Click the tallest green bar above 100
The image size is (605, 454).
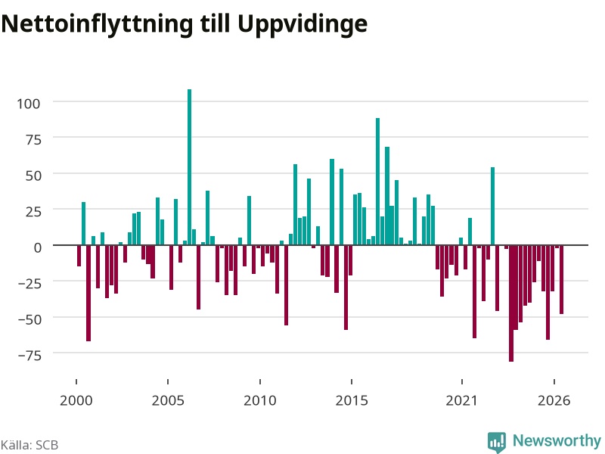(x=190, y=167)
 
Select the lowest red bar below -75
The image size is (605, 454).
(x=511, y=303)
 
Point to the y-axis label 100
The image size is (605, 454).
(x=29, y=104)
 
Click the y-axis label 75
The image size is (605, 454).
(x=33, y=139)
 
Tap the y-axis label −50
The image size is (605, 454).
(x=29, y=319)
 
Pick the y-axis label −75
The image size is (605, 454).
(x=29, y=355)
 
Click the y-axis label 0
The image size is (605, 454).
(x=37, y=247)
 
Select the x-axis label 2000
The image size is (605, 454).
(x=76, y=400)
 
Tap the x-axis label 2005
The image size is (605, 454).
(x=168, y=400)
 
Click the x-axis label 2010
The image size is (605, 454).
(x=260, y=400)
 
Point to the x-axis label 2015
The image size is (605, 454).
(x=352, y=400)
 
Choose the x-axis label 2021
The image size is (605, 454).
(x=462, y=400)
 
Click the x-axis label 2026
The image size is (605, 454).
(x=554, y=400)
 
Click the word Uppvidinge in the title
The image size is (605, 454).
(x=302, y=25)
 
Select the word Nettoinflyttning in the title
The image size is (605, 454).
(x=97, y=25)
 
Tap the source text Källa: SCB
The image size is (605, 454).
(x=29, y=445)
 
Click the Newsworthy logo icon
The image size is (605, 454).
(x=497, y=442)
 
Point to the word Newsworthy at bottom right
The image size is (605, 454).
(x=557, y=440)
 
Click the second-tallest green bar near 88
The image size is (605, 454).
(x=377, y=182)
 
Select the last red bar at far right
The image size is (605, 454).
(x=561, y=280)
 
